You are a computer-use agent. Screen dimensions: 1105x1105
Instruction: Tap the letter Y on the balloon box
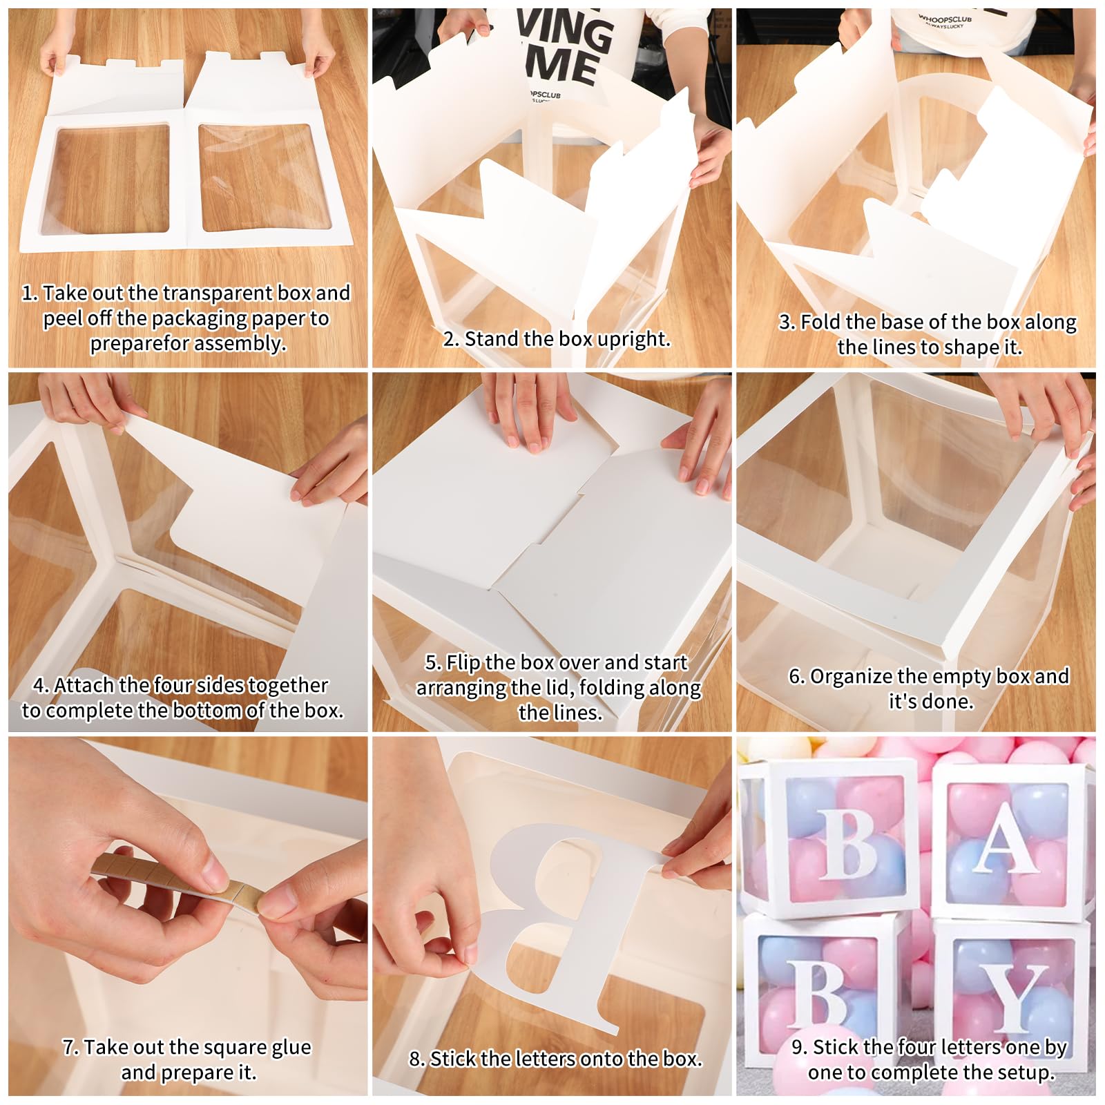click(x=1013, y=995)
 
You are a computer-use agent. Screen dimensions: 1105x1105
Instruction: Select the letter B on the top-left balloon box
click(x=848, y=843)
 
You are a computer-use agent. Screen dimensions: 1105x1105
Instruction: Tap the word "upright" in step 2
click(x=633, y=339)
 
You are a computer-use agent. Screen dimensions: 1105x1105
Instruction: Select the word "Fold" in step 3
click(x=820, y=322)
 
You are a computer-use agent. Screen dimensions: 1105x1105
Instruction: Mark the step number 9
click(x=798, y=1048)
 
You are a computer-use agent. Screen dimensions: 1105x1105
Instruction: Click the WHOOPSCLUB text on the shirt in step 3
click(x=944, y=19)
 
